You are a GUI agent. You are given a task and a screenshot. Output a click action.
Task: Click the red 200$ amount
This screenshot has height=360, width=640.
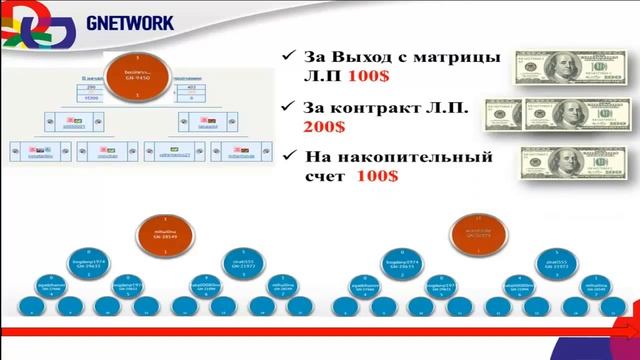click(x=324, y=128)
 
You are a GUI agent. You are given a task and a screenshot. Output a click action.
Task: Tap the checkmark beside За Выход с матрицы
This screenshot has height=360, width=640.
click(x=287, y=56)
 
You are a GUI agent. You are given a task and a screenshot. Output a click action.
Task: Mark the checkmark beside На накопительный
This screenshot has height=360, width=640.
click(x=287, y=157)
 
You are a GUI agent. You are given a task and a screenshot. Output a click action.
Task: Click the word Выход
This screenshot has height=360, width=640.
click(x=356, y=55)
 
